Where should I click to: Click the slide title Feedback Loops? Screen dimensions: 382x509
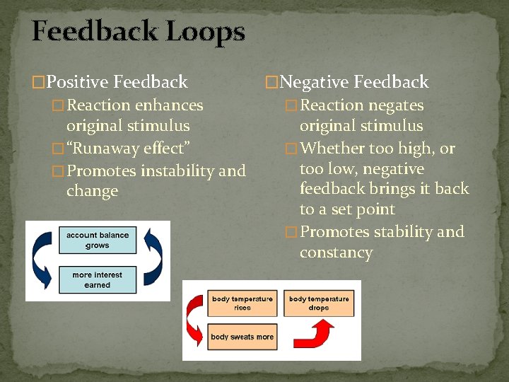click(139, 32)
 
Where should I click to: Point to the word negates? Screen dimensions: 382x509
click(395, 105)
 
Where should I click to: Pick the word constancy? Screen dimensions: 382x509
click(336, 253)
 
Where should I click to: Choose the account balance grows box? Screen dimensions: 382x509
click(98, 240)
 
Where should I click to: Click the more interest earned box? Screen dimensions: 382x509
click(98, 279)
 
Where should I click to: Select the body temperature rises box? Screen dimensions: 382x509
click(242, 303)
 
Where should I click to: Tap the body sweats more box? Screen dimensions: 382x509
click(242, 337)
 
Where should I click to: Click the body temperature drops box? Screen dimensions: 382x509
click(319, 303)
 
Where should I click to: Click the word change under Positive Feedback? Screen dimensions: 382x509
click(92, 192)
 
